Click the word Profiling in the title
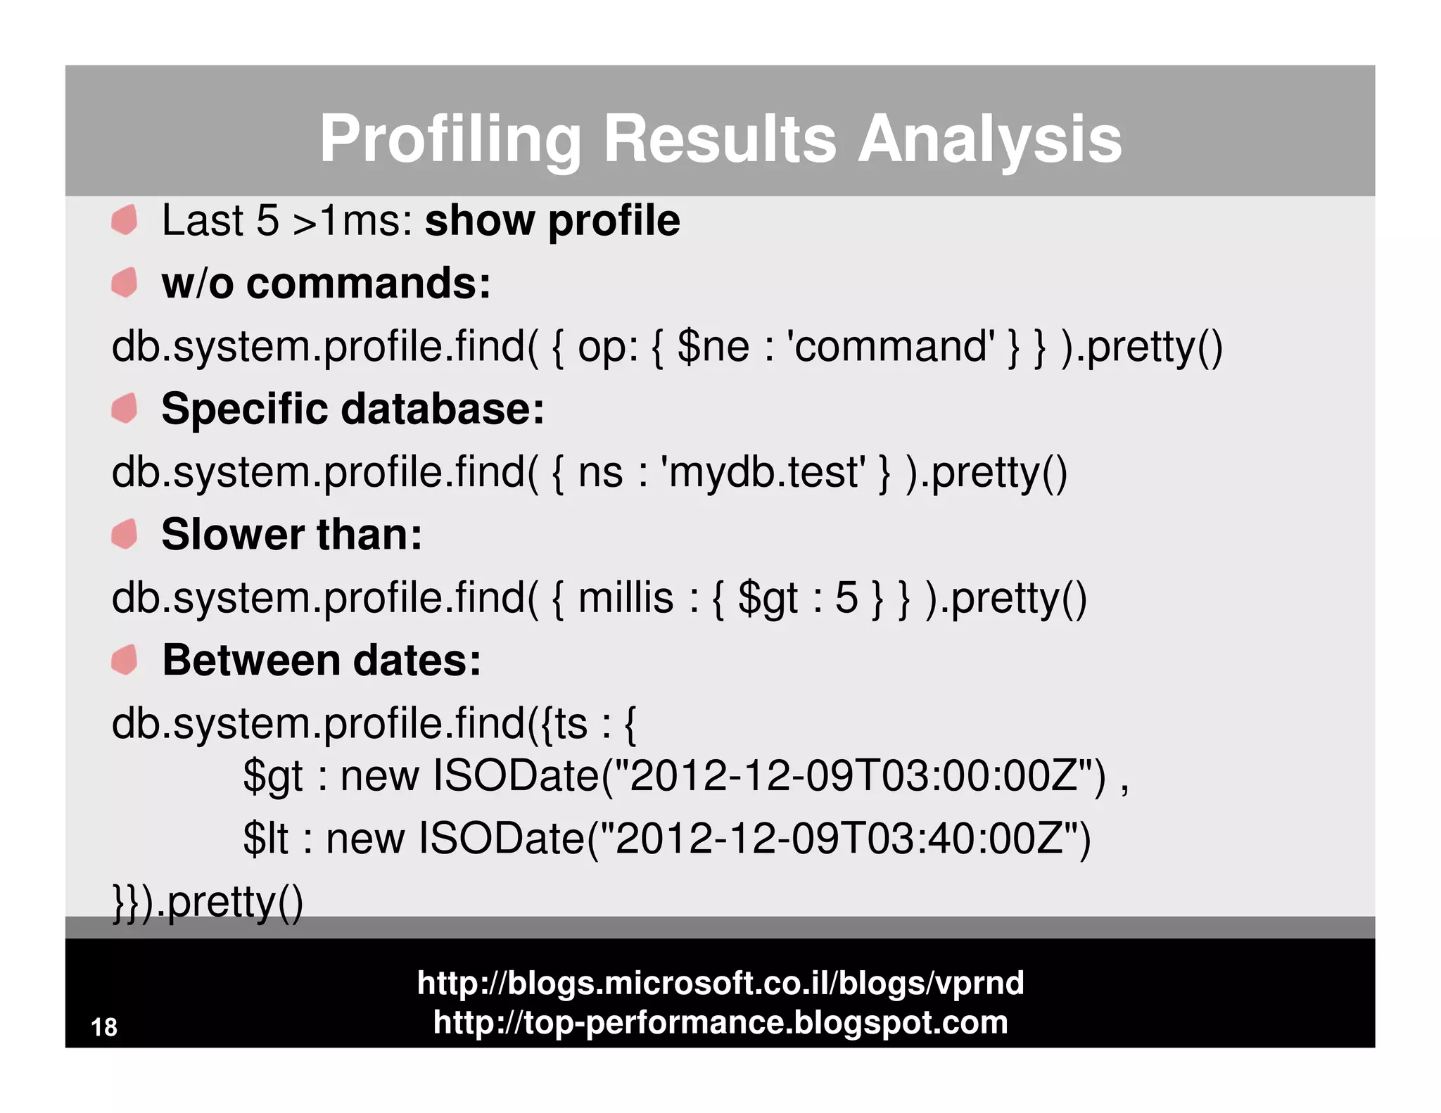click(x=450, y=139)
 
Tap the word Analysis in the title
click(x=989, y=139)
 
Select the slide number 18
click(x=104, y=1027)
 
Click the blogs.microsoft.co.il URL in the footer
click(x=720, y=983)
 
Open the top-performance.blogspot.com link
click(x=720, y=1022)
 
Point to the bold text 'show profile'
click(x=552, y=221)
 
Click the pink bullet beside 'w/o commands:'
click(x=125, y=283)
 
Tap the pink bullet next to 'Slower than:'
click(x=125, y=534)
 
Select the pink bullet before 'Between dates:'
click(x=125, y=660)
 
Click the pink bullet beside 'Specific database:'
click(x=125, y=409)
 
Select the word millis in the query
click(x=626, y=598)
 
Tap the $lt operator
click(x=265, y=839)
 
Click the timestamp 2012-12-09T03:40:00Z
click(x=838, y=839)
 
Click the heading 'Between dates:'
click(x=322, y=661)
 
